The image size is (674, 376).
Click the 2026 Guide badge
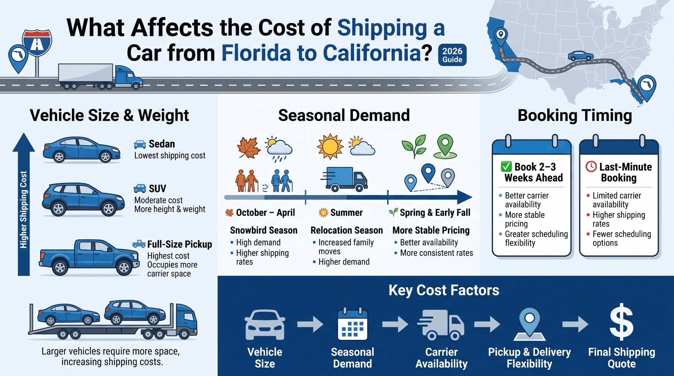452,55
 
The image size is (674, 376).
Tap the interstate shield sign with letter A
37,42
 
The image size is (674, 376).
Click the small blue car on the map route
581,56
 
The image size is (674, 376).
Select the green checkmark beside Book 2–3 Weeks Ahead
506,167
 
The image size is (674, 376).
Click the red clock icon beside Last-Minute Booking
591,166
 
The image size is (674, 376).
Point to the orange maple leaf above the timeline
249,147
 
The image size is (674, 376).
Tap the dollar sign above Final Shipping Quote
621,322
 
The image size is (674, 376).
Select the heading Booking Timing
575,116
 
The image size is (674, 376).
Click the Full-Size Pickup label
180,244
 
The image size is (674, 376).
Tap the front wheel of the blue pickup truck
124,268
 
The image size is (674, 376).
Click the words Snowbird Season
264,230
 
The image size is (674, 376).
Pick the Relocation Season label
347,230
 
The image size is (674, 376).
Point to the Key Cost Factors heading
444,290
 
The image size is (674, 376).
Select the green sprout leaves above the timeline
414,146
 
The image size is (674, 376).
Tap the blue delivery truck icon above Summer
344,179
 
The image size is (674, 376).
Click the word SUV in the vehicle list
157,189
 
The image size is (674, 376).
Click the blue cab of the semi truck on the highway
128,77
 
